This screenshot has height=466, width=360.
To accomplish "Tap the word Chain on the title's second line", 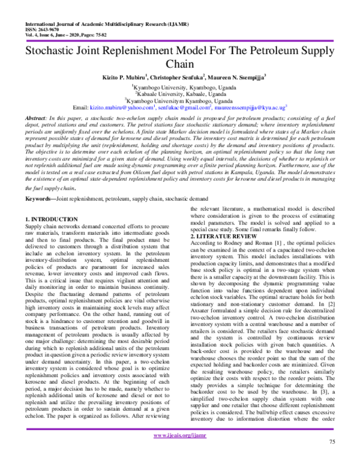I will point(180,65).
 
